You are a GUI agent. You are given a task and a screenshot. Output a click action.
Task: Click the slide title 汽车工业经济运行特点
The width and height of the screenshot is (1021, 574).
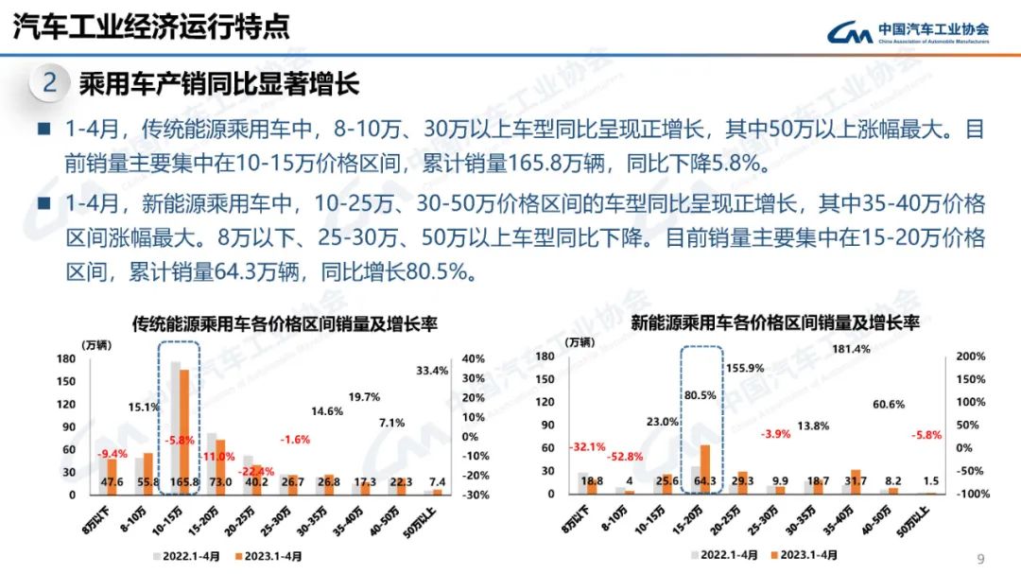click(x=151, y=26)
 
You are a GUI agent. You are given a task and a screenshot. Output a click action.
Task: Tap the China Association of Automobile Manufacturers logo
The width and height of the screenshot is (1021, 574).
click(x=909, y=32)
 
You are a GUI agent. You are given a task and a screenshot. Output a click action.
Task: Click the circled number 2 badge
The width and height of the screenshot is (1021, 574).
click(x=50, y=83)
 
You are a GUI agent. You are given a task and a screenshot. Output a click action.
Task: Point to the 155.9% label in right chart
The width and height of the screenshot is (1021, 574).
click(x=744, y=368)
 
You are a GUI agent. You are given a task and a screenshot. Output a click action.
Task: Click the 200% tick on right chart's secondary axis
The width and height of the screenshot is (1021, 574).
click(x=971, y=357)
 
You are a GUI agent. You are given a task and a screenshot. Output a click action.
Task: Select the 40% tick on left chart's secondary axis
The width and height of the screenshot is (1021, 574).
click(x=473, y=359)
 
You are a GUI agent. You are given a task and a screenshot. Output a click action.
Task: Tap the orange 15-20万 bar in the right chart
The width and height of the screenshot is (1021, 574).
click(x=705, y=463)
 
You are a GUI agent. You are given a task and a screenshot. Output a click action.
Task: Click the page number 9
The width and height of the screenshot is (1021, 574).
click(x=980, y=557)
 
